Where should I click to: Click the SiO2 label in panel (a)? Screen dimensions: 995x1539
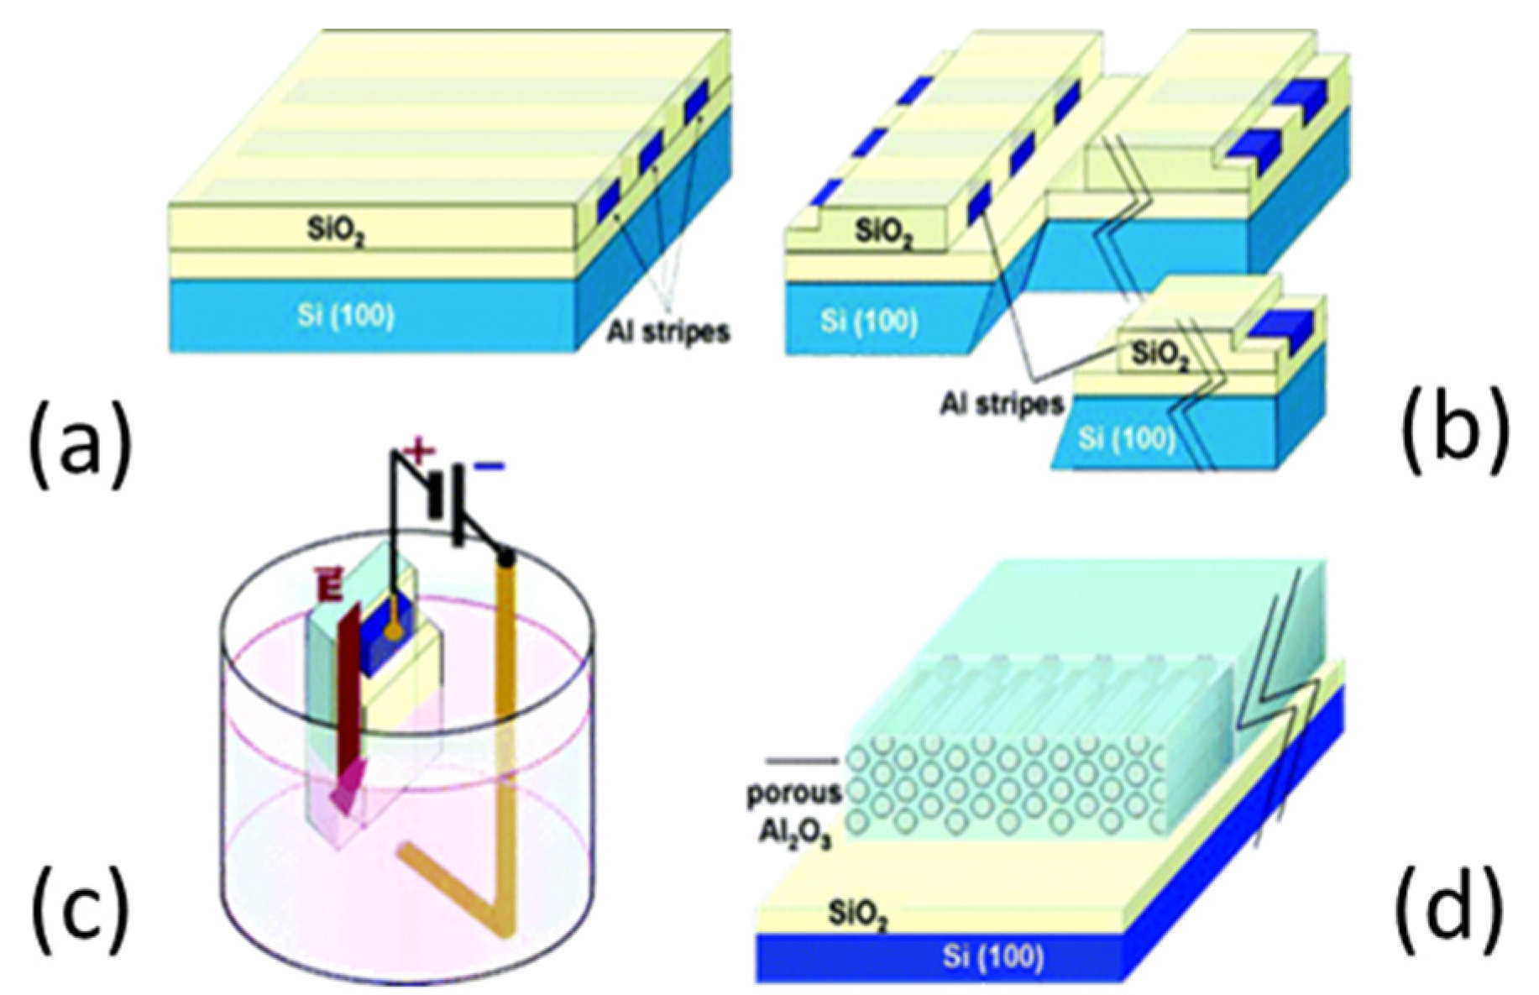coord(335,228)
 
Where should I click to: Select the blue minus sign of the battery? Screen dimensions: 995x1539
coord(489,466)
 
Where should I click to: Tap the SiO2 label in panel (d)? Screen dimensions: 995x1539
coord(856,913)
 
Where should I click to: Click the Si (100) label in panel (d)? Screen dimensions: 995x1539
coord(992,956)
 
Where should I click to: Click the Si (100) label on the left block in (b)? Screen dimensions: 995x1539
coord(869,321)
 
